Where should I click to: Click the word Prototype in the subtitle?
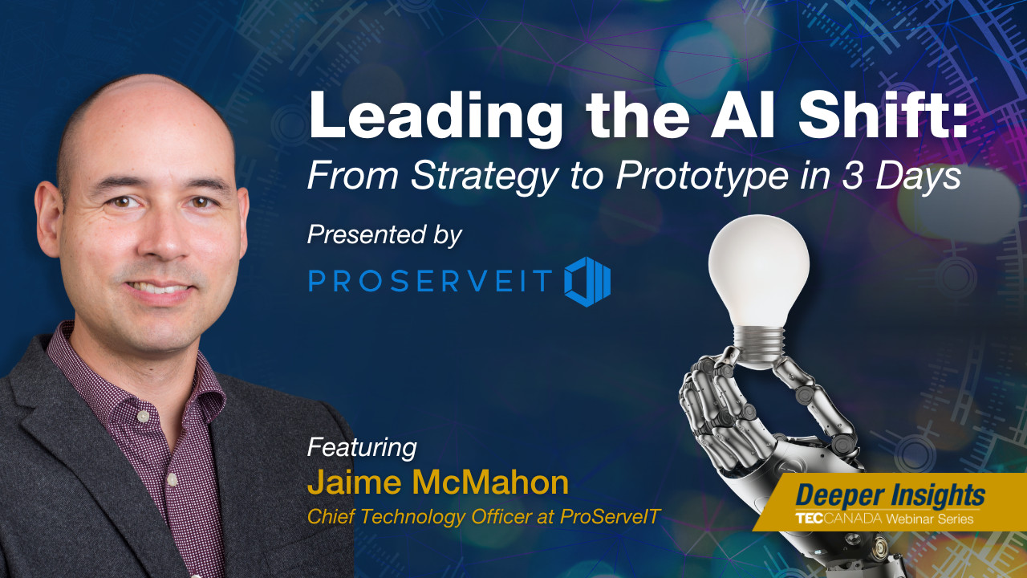point(702,177)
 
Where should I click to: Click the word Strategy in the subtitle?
point(484,177)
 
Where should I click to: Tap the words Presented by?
point(384,236)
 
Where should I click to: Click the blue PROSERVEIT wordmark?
point(430,280)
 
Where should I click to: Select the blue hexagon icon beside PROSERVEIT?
point(587,282)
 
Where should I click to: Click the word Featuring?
point(362,447)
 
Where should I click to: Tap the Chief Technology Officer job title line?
point(483,517)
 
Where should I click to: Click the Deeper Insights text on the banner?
point(890,496)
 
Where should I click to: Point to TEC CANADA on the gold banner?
point(838,519)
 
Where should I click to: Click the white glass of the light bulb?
point(759,271)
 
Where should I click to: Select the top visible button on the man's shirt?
point(144,417)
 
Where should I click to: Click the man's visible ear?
point(49,219)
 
